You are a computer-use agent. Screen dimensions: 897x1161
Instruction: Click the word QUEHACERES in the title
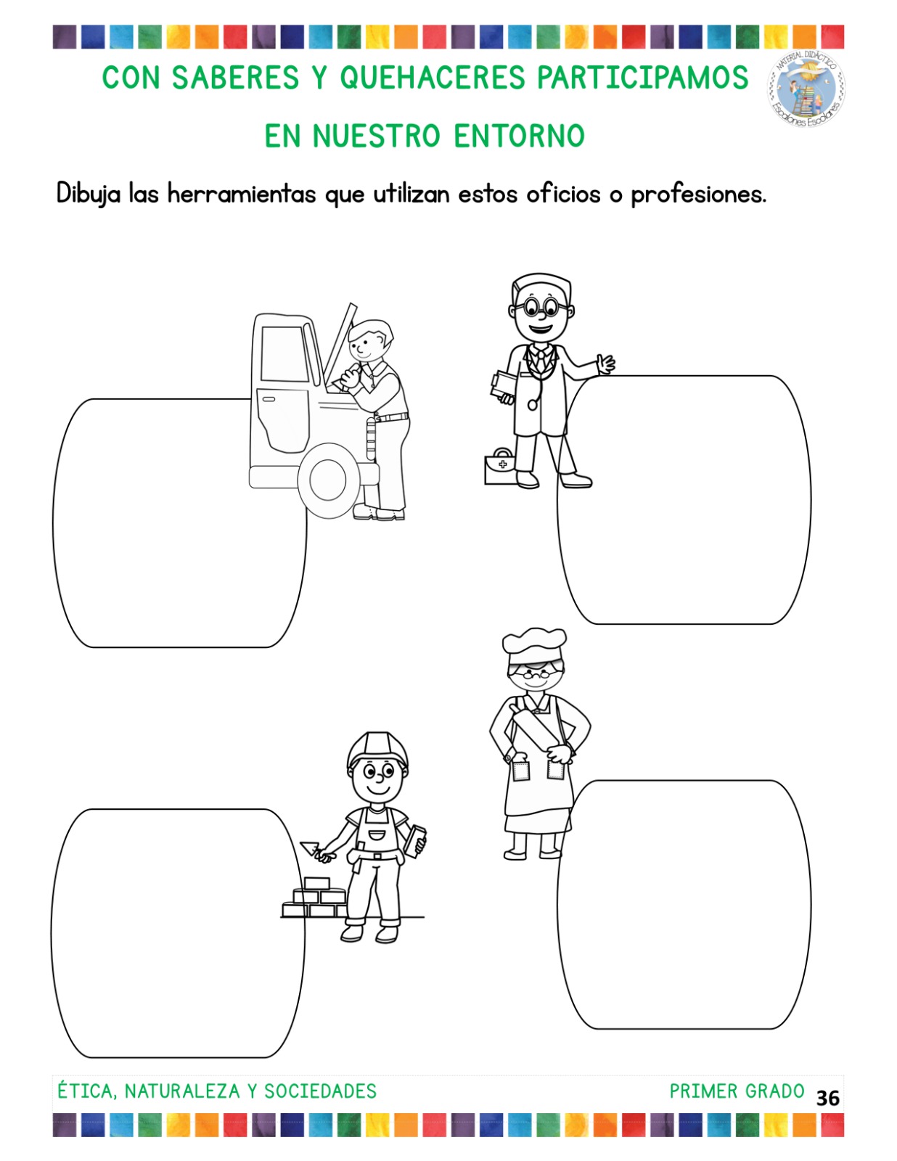point(433,78)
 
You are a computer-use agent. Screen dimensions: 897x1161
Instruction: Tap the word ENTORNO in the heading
point(520,136)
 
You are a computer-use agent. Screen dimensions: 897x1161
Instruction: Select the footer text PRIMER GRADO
point(737,1091)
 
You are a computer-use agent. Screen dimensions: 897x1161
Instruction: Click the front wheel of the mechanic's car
point(328,479)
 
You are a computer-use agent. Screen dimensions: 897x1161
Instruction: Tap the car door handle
point(269,399)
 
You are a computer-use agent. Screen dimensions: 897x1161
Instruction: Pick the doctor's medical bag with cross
point(501,467)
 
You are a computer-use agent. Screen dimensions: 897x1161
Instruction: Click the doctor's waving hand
point(606,365)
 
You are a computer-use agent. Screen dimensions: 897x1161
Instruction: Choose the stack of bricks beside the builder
point(314,898)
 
